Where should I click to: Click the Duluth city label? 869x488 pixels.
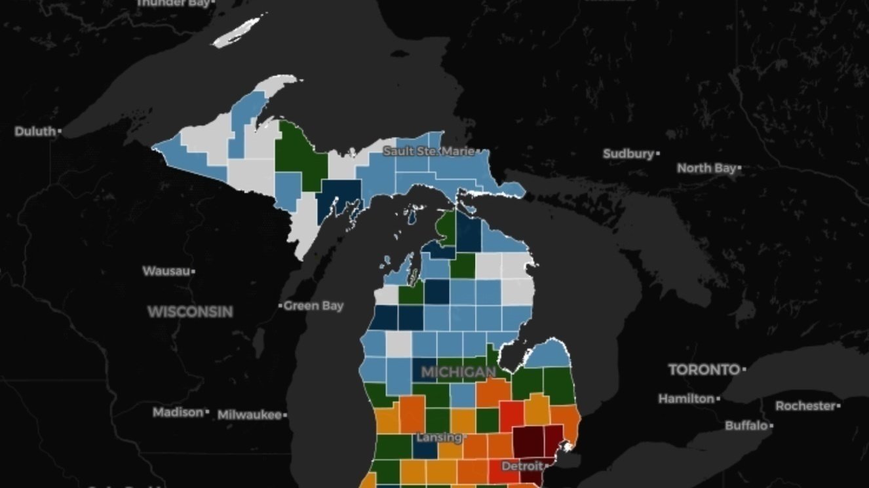click(35, 132)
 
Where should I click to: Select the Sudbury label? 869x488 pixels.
click(628, 154)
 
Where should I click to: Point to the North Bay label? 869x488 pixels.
click(706, 168)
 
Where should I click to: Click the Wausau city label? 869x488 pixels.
click(166, 271)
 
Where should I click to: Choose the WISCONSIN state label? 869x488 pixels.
click(190, 312)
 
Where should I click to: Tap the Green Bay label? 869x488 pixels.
click(314, 306)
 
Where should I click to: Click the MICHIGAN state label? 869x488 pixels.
click(458, 373)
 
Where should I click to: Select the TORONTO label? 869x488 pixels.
click(704, 370)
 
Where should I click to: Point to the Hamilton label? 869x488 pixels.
click(686, 398)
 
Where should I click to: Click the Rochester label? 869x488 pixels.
click(805, 406)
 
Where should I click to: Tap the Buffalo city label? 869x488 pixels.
click(746, 426)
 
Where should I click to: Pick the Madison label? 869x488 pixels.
click(178, 413)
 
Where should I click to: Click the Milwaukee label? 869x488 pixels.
click(249, 415)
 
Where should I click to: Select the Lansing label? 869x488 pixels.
click(438, 437)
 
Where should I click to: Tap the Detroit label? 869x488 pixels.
click(522, 466)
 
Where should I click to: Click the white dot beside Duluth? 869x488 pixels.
click(60, 132)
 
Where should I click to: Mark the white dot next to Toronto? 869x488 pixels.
click(744, 370)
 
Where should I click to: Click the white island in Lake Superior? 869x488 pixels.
click(237, 31)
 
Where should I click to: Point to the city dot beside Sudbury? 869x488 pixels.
click(657, 154)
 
